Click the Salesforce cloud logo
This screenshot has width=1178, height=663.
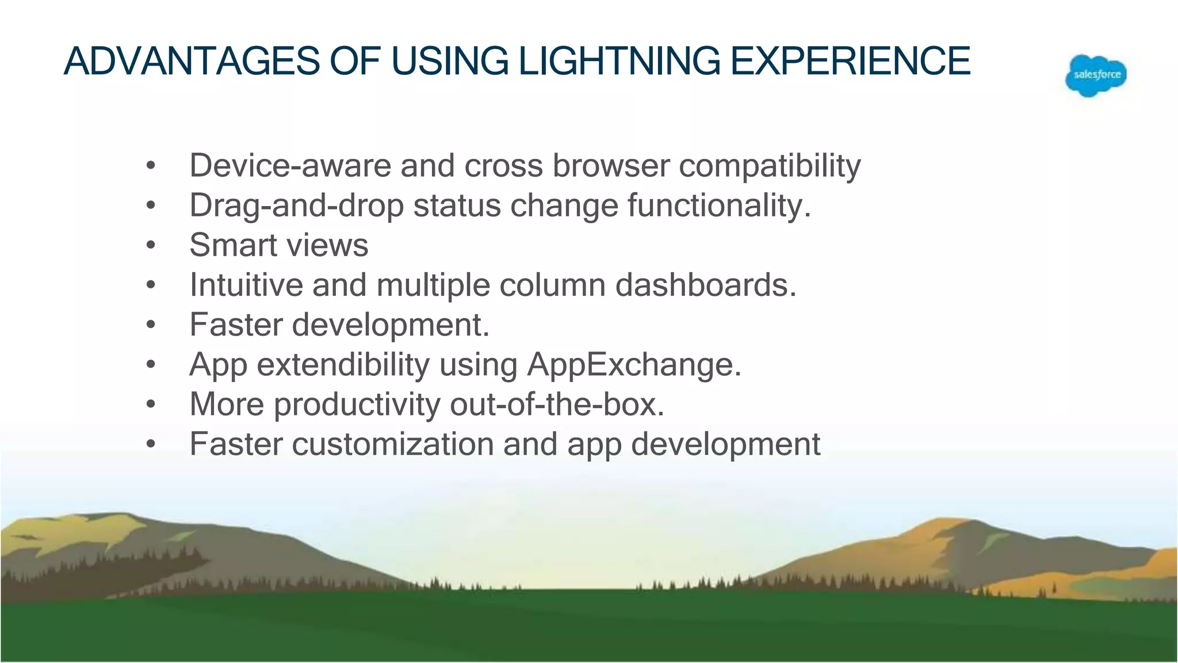[1096, 75]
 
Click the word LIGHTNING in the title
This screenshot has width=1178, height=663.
[619, 61]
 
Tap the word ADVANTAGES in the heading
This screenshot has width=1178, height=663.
[192, 61]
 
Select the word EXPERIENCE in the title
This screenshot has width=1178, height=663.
[850, 61]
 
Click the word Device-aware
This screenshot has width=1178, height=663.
[290, 166]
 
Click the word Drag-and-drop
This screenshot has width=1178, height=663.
[296, 206]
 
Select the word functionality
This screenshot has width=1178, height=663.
[718, 206]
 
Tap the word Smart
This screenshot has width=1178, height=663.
[233, 245]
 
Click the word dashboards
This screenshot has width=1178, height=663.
[706, 285]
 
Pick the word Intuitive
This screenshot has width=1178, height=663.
[246, 285]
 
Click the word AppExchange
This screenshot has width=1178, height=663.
[634, 365]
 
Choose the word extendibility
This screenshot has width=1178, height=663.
[343, 365]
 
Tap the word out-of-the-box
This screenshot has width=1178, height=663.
[557, 404]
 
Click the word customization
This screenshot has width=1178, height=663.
[392, 444]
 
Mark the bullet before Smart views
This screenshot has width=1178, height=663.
[151, 246]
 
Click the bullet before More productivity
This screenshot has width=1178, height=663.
[151, 405]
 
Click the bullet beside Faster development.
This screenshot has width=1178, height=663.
[151, 325]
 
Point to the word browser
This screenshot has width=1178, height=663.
[611, 166]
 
